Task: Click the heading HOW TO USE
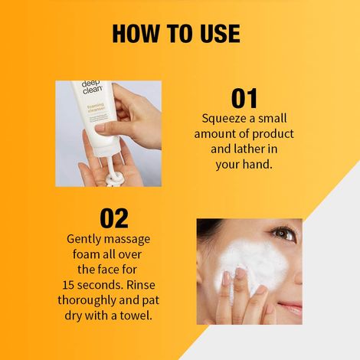tap(176, 34)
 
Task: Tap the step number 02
tap(113, 218)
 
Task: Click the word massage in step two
tap(131, 239)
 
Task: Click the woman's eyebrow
tap(284, 224)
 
